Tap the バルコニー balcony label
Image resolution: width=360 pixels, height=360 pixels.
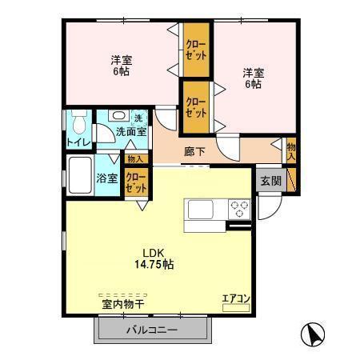click(x=151, y=330)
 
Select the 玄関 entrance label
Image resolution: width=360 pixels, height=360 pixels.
click(x=270, y=181)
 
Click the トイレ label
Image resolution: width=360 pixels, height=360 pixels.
click(x=79, y=143)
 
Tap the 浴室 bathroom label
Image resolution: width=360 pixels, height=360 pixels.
click(x=107, y=178)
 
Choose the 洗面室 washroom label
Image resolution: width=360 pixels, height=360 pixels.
click(x=130, y=132)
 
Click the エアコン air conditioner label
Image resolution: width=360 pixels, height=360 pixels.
click(x=236, y=299)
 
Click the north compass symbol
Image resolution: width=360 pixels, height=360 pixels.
click(x=313, y=333)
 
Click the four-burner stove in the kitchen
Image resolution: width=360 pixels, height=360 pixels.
click(x=239, y=210)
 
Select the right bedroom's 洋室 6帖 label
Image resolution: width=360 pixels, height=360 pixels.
click(x=253, y=78)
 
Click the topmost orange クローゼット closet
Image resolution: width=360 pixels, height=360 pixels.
click(x=196, y=50)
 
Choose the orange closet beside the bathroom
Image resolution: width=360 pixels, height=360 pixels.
click(x=136, y=182)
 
